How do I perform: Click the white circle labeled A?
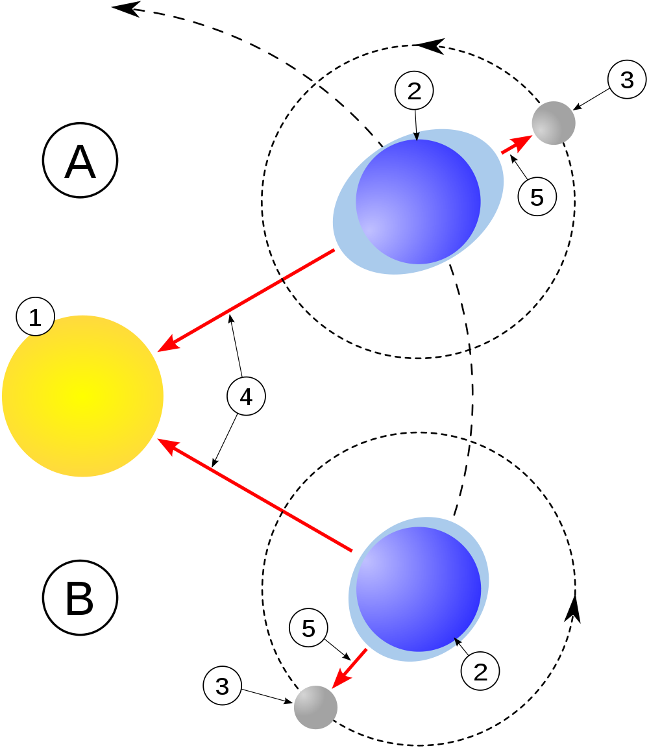(x=80, y=160)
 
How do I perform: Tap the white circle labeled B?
(x=80, y=597)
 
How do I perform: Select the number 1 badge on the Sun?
(x=35, y=318)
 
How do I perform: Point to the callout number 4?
(x=246, y=396)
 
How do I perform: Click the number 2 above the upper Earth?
(x=414, y=91)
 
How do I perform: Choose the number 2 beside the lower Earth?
(x=480, y=671)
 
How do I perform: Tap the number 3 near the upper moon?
(x=627, y=80)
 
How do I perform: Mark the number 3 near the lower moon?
(x=223, y=686)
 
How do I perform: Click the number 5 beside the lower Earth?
(x=308, y=628)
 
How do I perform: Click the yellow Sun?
(x=83, y=396)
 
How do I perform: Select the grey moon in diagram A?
(x=554, y=123)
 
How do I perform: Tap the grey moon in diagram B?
(x=315, y=707)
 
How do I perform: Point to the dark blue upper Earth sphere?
(x=418, y=201)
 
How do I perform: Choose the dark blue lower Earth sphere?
(x=419, y=589)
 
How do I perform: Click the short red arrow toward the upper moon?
(x=517, y=145)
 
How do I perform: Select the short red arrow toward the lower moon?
(x=350, y=668)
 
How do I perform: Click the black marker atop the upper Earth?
(x=417, y=136)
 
